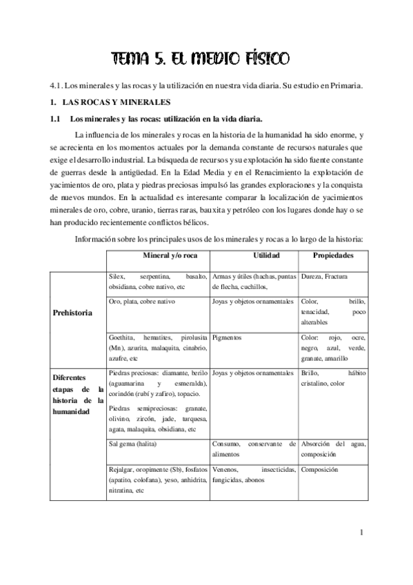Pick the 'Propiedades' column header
(x=334, y=255)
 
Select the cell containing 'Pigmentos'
(x=228, y=339)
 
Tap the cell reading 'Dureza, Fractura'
(x=324, y=276)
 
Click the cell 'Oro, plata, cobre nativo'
(x=142, y=302)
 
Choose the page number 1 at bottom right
(x=361, y=532)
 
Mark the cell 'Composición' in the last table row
(x=319, y=470)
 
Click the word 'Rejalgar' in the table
(x=123, y=470)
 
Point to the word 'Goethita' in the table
(x=123, y=339)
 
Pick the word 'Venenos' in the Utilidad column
(x=225, y=470)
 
